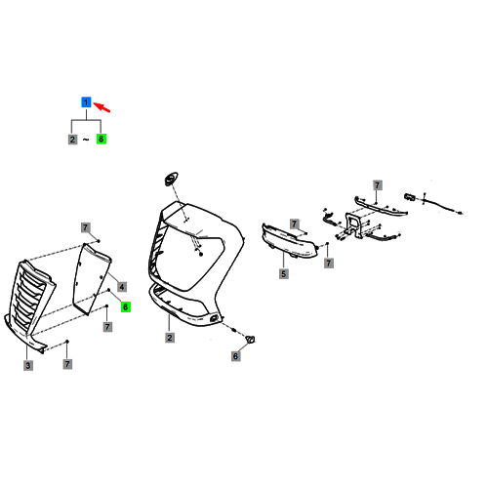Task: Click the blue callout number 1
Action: [86, 102]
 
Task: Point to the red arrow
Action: [102, 107]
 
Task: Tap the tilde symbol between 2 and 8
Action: [86, 140]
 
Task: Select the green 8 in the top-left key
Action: [102, 139]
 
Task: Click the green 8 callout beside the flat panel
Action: [126, 306]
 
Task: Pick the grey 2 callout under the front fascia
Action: [170, 338]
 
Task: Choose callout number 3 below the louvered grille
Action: [28, 365]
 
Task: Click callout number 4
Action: [122, 287]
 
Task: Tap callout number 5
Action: [284, 274]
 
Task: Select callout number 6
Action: [236, 356]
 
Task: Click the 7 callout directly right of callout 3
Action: [67, 364]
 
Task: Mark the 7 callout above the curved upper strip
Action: [377, 185]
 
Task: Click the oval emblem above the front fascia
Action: [171, 179]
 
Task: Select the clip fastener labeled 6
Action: [251, 340]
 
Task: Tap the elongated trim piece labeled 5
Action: [289, 241]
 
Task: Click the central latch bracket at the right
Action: [354, 224]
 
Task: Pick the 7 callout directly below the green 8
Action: [107, 326]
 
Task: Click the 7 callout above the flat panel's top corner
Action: [85, 227]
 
